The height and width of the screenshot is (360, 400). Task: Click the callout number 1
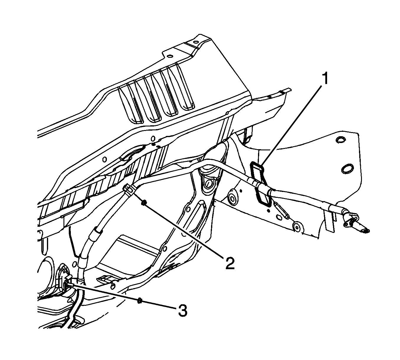pyautogui.click(x=325, y=79)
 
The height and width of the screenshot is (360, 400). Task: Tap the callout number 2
pyautogui.click(x=230, y=263)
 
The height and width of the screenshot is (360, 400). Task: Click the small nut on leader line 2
pyautogui.click(x=143, y=203)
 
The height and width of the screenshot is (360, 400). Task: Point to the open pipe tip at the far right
pyautogui.click(x=365, y=231)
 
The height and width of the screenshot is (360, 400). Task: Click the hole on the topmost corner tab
pyautogui.click(x=196, y=42)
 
